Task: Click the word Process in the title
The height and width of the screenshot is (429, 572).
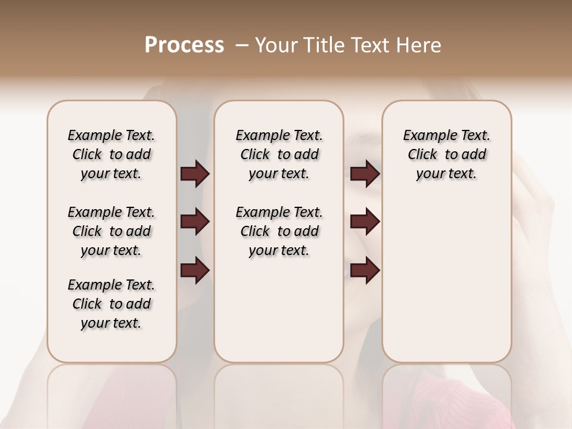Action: pos(184,45)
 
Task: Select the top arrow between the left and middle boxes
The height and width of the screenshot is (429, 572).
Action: pos(195,174)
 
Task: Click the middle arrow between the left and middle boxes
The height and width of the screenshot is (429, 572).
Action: pos(195,222)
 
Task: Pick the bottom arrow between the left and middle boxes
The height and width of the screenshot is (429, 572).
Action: pos(195,271)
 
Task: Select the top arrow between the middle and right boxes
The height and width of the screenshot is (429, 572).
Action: pos(365,174)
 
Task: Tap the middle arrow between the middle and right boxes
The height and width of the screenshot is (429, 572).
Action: pos(365,222)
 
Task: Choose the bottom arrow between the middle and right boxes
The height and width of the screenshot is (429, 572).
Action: pos(365,271)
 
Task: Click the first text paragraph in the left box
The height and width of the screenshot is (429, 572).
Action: pos(111,154)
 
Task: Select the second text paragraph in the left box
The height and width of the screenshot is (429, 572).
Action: pos(111,231)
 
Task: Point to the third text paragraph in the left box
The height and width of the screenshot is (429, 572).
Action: pos(111,304)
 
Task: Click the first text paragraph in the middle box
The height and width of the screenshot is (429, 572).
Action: pos(279,154)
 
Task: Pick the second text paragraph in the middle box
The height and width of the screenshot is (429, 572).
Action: pos(279,231)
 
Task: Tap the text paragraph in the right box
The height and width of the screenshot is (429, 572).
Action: pos(446,154)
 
